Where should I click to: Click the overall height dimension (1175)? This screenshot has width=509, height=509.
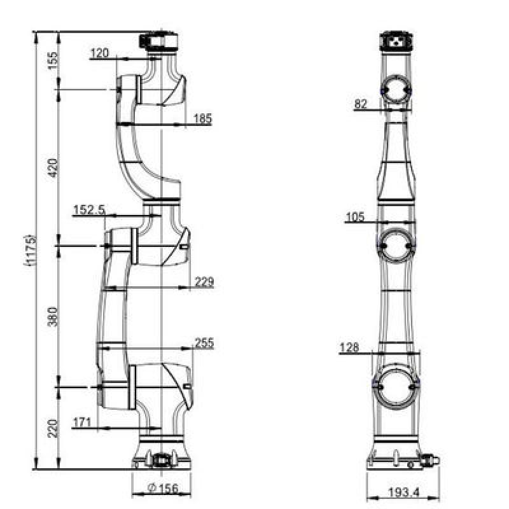click(31, 251)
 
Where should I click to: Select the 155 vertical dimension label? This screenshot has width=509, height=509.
click(53, 60)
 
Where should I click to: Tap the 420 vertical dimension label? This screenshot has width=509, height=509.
click(53, 168)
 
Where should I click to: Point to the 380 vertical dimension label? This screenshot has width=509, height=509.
click(53, 317)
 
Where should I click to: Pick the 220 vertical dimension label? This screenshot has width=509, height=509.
click(53, 428)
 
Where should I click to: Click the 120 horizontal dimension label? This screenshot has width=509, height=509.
click(100, 53)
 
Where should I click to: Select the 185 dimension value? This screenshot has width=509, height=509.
click(203, 119)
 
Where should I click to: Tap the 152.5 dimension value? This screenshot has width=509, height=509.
click(89, 210)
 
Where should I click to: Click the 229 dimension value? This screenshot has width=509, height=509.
click(204, 281)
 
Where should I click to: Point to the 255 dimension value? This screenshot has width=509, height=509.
click(204, 343)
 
